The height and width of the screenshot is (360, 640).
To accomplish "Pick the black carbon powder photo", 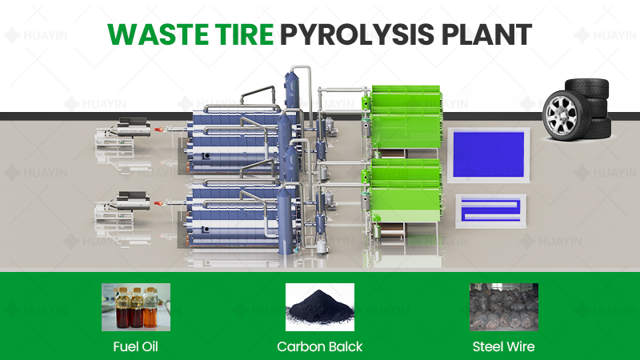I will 320,307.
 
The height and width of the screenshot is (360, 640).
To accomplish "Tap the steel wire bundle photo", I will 504,307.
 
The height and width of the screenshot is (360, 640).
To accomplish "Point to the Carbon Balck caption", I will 320,346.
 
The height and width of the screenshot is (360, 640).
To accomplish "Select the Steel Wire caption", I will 504,346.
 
